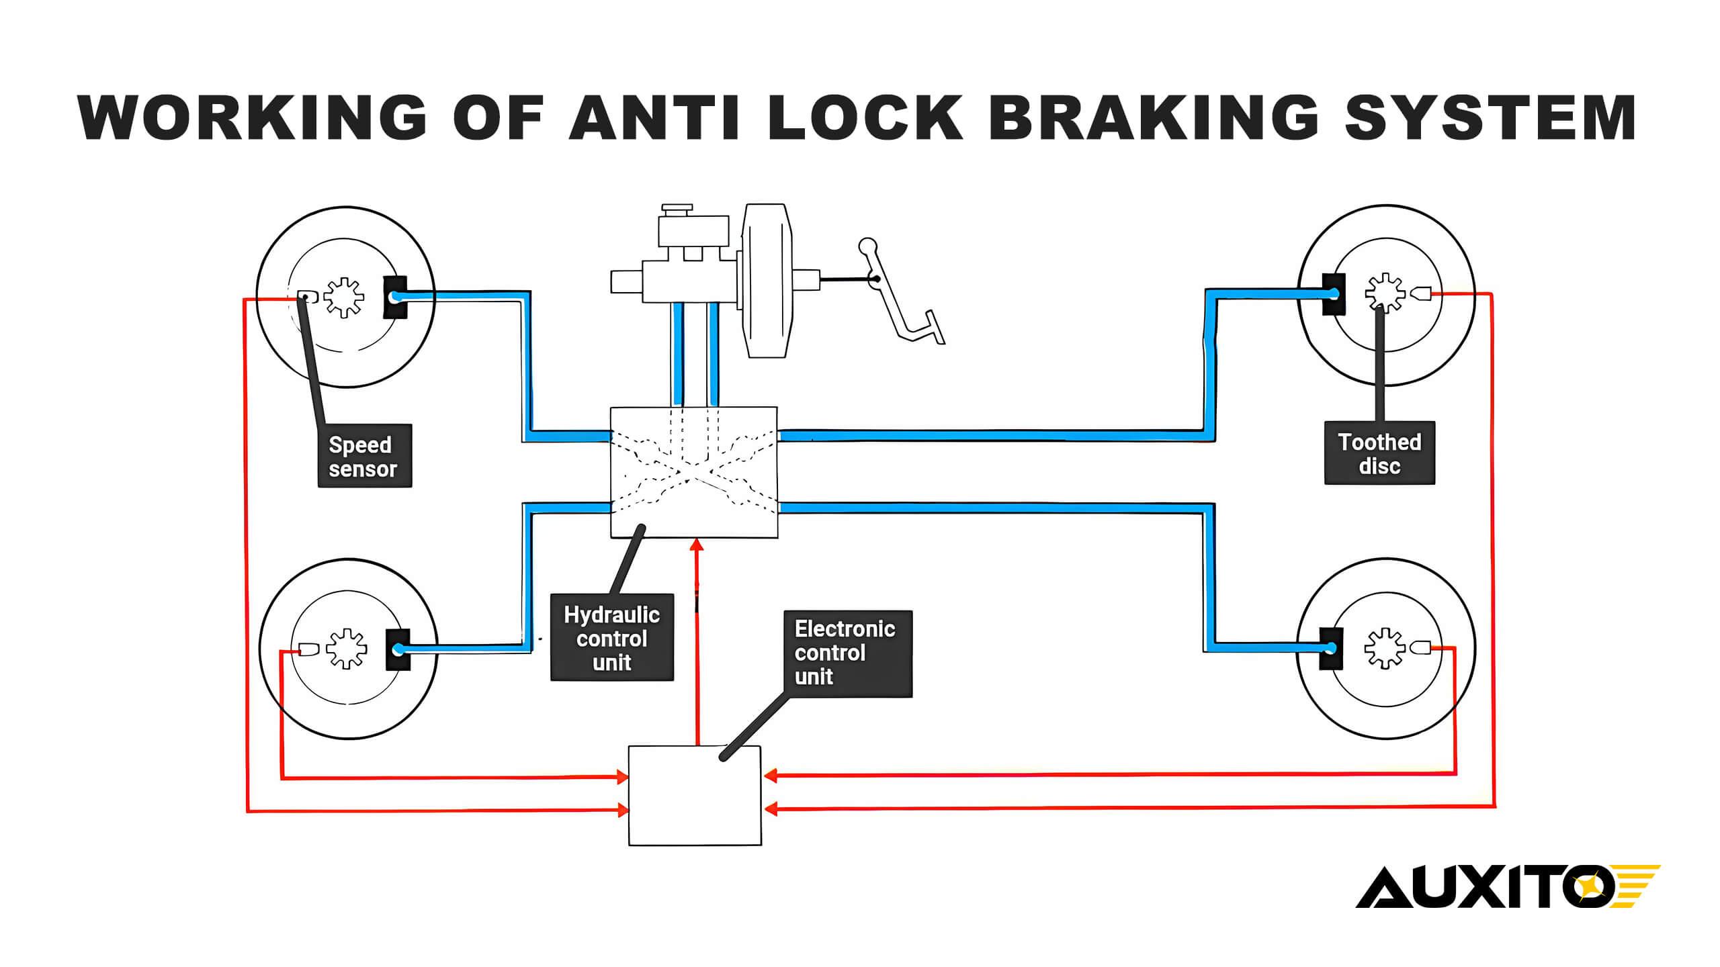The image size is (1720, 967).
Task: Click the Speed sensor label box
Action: pyautogui.click(x=364, y=456)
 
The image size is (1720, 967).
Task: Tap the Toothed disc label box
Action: pyautogui.click(x=1379, y=453)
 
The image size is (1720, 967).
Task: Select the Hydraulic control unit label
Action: pyautogui.click(x=612, y=637)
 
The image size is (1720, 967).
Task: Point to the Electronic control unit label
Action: pyautogui.click(x=848, y=653)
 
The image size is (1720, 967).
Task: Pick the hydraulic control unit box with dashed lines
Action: pyautogui.click(x=694, y=472)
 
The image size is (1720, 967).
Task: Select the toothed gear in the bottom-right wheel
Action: pyautogui.click(x=1385, y=648)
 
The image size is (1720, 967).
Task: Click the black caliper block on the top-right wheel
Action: pyautogui.click(x=1334, y=294)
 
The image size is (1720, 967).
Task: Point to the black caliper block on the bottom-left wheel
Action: pyautogui.click(x=398, y=649)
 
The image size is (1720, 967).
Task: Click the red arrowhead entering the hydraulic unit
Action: pyautogui.click(x=697, y=545)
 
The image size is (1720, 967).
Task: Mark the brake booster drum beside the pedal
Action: pyautogui.click(x=766, y=281)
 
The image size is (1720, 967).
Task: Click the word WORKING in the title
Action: pyautogui.click(x=252, y=117)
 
